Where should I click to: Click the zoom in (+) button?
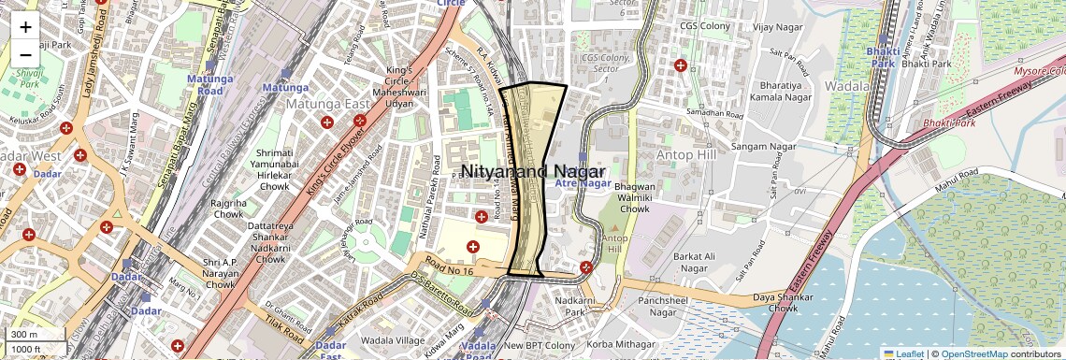[25, 26]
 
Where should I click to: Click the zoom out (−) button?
[25, 54]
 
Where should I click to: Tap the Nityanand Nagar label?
[534, 171]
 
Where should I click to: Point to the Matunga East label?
[330, 103]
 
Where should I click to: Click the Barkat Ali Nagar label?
[681, 262]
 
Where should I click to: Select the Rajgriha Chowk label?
[227, 209]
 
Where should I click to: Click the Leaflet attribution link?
[902, 353]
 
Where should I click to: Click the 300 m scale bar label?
[24, 335]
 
